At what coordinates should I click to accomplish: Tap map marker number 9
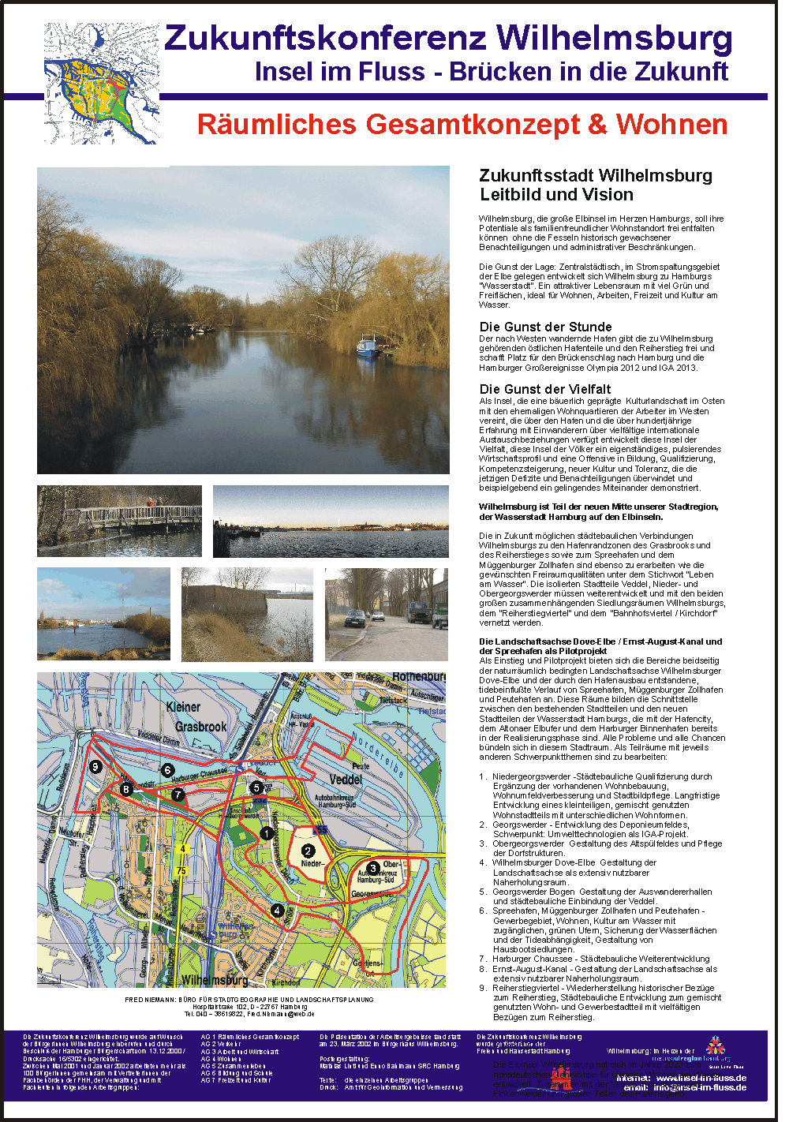pyautogui.click(x=95, y=766)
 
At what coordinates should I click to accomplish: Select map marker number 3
pyautogui.click(x=373, y=868)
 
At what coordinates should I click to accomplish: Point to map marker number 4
pyautogui.click(x=277, y=910)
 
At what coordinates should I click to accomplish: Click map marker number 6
pyautogui.click(x=167, y=769)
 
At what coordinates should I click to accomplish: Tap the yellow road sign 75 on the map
pyautogui.click(x=181, y=871)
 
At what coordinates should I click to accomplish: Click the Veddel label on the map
pyautogui.click(x=345, y=780)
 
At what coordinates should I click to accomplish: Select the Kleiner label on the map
pyautogui.click(x=183, y=707)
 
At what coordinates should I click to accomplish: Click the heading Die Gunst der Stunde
pyautogui.click(x=545, y=327)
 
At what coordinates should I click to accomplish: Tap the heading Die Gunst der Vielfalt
pyautogui.click(x=545, y=389)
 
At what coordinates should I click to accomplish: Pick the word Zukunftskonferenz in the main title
pyautogui.click(x=325, y=39)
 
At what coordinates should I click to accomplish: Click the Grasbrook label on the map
pyautogui.click(x=200, y=727)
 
